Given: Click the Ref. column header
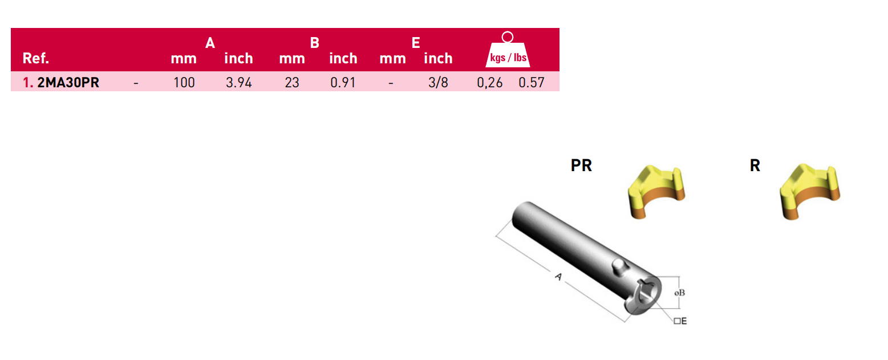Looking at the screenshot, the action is click(x=36, y=58).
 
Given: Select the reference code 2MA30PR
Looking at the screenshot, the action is click(x=68, y=83).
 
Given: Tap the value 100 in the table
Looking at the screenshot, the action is click(x=184, y=83).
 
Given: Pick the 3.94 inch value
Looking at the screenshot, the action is click(x=238, y=83).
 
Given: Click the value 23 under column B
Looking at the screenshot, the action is click(x=292, y=83).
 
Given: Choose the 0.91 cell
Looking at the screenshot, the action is click(x=343, y=83).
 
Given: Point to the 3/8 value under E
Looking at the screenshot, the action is click(x=438, y=83).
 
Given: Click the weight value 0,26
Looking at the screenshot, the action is click(x=489, y=83).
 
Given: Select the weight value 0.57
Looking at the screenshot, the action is click(x=531, y=83).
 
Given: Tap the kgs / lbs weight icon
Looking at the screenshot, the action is click(x=508, y=50).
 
